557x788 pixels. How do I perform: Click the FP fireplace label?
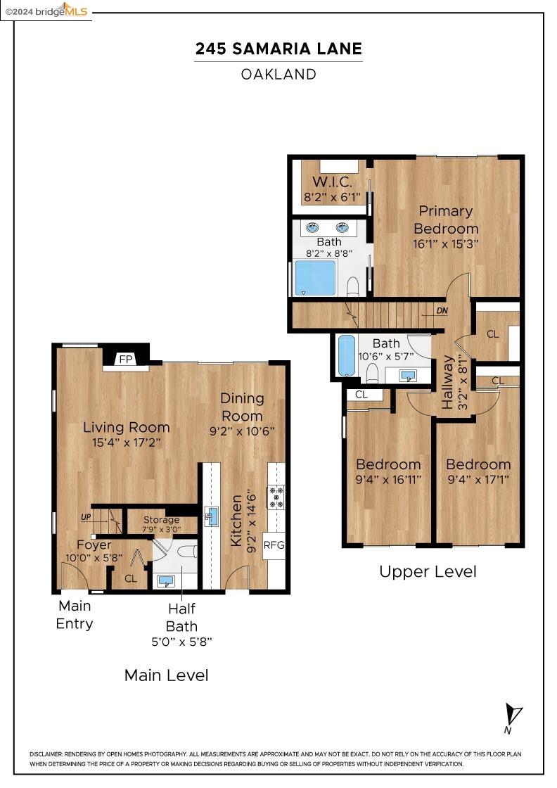coord(126,359)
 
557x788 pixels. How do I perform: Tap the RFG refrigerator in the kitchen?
coord(274,544)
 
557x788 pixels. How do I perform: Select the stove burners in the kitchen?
coord(276,497)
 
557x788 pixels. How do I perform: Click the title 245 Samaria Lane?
coord(278,49)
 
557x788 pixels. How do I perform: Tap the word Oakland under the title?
coord(278,74)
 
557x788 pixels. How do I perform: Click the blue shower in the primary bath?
coord(315,278)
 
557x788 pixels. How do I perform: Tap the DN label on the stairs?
coord(442,310)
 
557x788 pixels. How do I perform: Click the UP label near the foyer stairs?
coord(86,517)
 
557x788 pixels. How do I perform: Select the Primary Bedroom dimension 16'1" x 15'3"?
coord(446,244)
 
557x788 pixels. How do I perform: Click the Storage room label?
coord(161,520)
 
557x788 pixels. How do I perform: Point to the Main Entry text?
coord(75,614)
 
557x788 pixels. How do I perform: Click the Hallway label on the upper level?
coord(448,382)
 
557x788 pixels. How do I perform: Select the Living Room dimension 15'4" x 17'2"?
coord(127,444)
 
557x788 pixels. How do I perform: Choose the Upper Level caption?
coord(428,571)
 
